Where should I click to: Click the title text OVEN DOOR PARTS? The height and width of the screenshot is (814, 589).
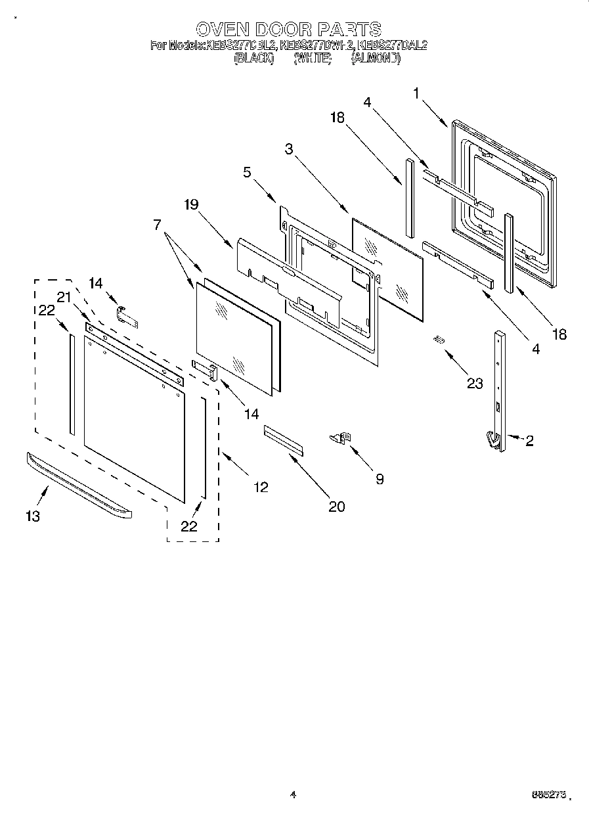288,29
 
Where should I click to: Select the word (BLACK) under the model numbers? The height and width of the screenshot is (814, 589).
253,58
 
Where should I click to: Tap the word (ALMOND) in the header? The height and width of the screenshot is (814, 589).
376,58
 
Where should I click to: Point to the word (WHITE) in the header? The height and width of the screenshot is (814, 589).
312,58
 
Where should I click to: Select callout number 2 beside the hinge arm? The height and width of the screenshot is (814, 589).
529,441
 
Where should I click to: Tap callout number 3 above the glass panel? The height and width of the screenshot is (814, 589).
288,148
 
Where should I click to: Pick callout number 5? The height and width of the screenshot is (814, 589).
246,173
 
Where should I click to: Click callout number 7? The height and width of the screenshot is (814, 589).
158,225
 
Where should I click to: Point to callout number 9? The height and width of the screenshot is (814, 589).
379,479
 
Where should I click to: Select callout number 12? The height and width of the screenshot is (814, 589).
261,487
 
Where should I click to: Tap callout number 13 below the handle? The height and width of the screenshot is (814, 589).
32,516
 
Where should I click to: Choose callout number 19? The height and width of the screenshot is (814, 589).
190,204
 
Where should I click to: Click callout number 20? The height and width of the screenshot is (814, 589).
337,506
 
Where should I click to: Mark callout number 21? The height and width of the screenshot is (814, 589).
63,297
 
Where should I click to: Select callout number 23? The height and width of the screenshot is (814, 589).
475,384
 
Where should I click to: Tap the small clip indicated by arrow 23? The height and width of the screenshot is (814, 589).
438,339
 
